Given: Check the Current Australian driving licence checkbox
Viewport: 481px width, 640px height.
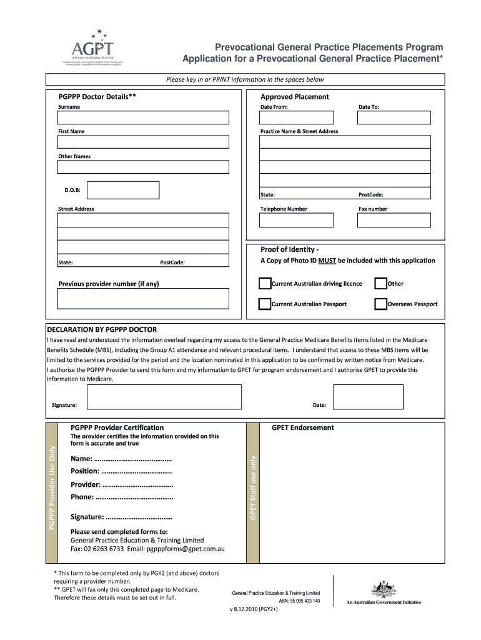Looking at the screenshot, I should [x=265, y=284].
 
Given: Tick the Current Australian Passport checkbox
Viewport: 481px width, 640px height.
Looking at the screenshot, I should [x=265, y=304].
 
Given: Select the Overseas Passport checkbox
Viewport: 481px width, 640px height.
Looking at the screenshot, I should [x=380, y=304].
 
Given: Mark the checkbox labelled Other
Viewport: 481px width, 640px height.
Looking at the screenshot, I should [x=380, y=284].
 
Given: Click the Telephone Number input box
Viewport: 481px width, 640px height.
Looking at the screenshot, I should [x=297, y=220].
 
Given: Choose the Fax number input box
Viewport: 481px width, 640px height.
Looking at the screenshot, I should [x=394, y=220].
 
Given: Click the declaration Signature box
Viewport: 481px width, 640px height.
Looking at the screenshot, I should [x=164, y=397].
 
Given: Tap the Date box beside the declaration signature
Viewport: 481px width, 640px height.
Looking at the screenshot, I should [x=368, y=397].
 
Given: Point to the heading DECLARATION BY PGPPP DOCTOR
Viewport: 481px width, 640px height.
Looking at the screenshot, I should [x=102, y=329].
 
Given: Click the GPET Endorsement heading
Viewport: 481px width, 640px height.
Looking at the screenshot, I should [x=302, y=428].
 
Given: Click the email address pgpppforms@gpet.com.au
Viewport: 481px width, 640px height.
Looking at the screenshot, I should [x=186, y=549].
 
